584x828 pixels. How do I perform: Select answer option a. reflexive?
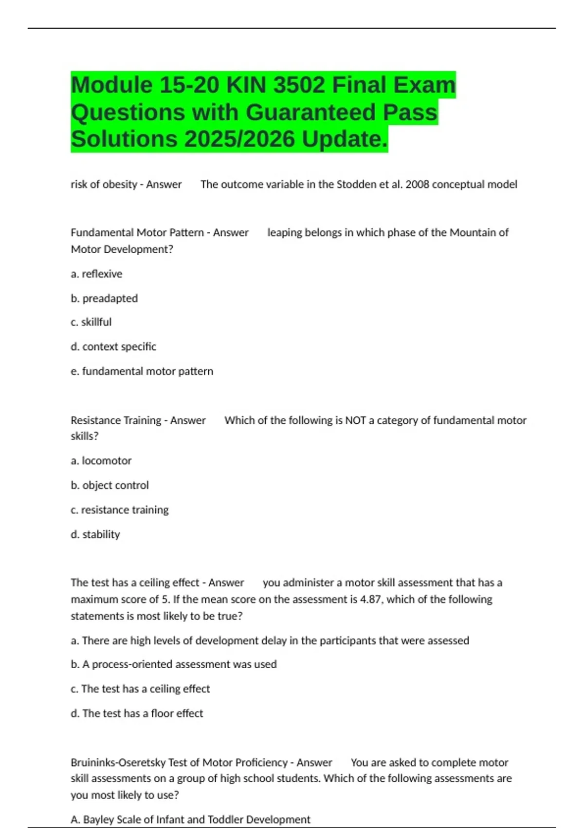pos(96,274)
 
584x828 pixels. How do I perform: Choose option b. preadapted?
pos(104,299)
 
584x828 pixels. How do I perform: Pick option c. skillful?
pos(91,322)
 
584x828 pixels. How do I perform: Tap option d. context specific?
pos(113,347)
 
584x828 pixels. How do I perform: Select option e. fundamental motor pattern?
pos(142,372)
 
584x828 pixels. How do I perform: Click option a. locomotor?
pos(101,461)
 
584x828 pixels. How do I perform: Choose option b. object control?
pos(109,486)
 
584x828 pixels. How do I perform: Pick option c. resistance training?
pos(120,510)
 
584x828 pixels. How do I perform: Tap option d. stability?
pos(95,535)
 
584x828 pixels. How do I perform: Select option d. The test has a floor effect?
pos(137,714)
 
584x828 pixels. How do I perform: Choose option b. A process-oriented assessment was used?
pos(174,664)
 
